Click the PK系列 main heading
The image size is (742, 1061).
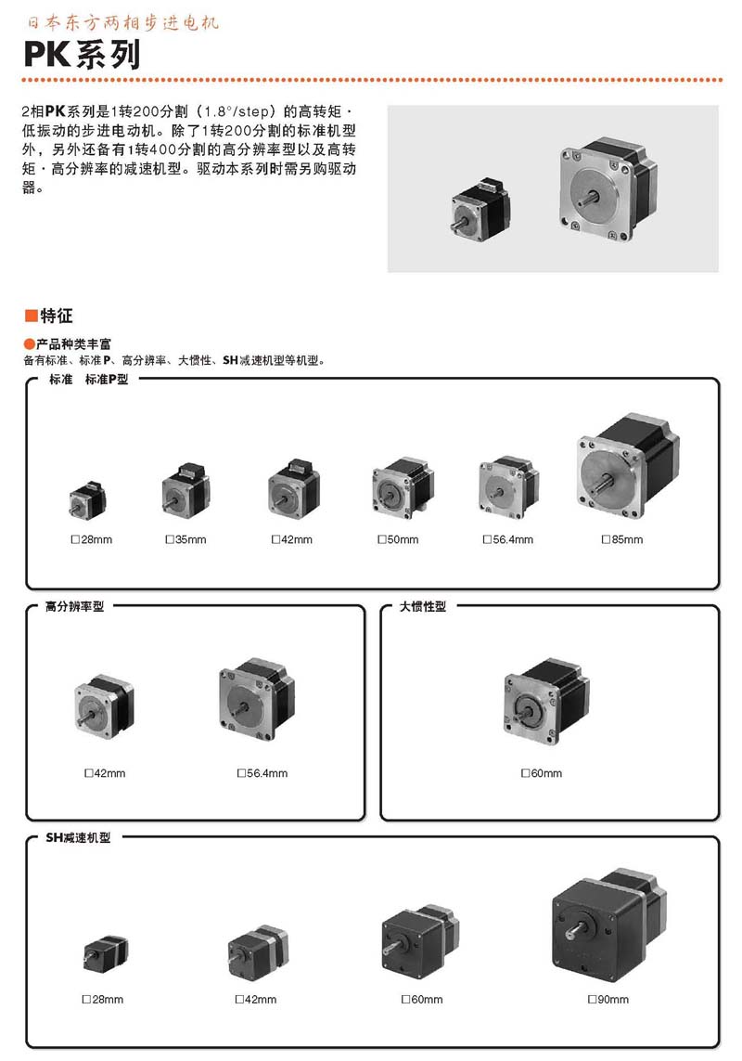[82, 54]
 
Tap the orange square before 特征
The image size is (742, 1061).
[32, 316]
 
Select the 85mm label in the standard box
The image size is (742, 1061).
[622, 539]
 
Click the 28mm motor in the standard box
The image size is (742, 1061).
[87, 500]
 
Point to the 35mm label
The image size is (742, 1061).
[186, 539]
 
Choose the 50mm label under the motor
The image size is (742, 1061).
[399, 539]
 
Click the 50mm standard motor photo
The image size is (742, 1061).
[402, 488]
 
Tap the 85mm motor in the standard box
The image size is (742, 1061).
[627, 467]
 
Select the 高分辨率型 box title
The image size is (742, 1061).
[74, 606]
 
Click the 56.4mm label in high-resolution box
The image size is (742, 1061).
[262, 772]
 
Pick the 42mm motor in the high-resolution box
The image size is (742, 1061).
[104, 705]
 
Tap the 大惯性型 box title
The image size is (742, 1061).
[423, 606]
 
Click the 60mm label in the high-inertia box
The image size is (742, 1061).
[542, 772]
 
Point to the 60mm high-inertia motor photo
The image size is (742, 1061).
[546, 700]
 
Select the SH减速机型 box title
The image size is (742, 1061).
[78, 837]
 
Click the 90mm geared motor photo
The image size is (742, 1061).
[608, 925]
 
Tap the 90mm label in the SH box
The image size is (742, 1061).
[608, 999]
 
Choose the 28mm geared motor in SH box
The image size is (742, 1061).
[106, 953]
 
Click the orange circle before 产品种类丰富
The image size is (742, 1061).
[30, 343]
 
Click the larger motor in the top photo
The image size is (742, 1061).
[608, 189]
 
